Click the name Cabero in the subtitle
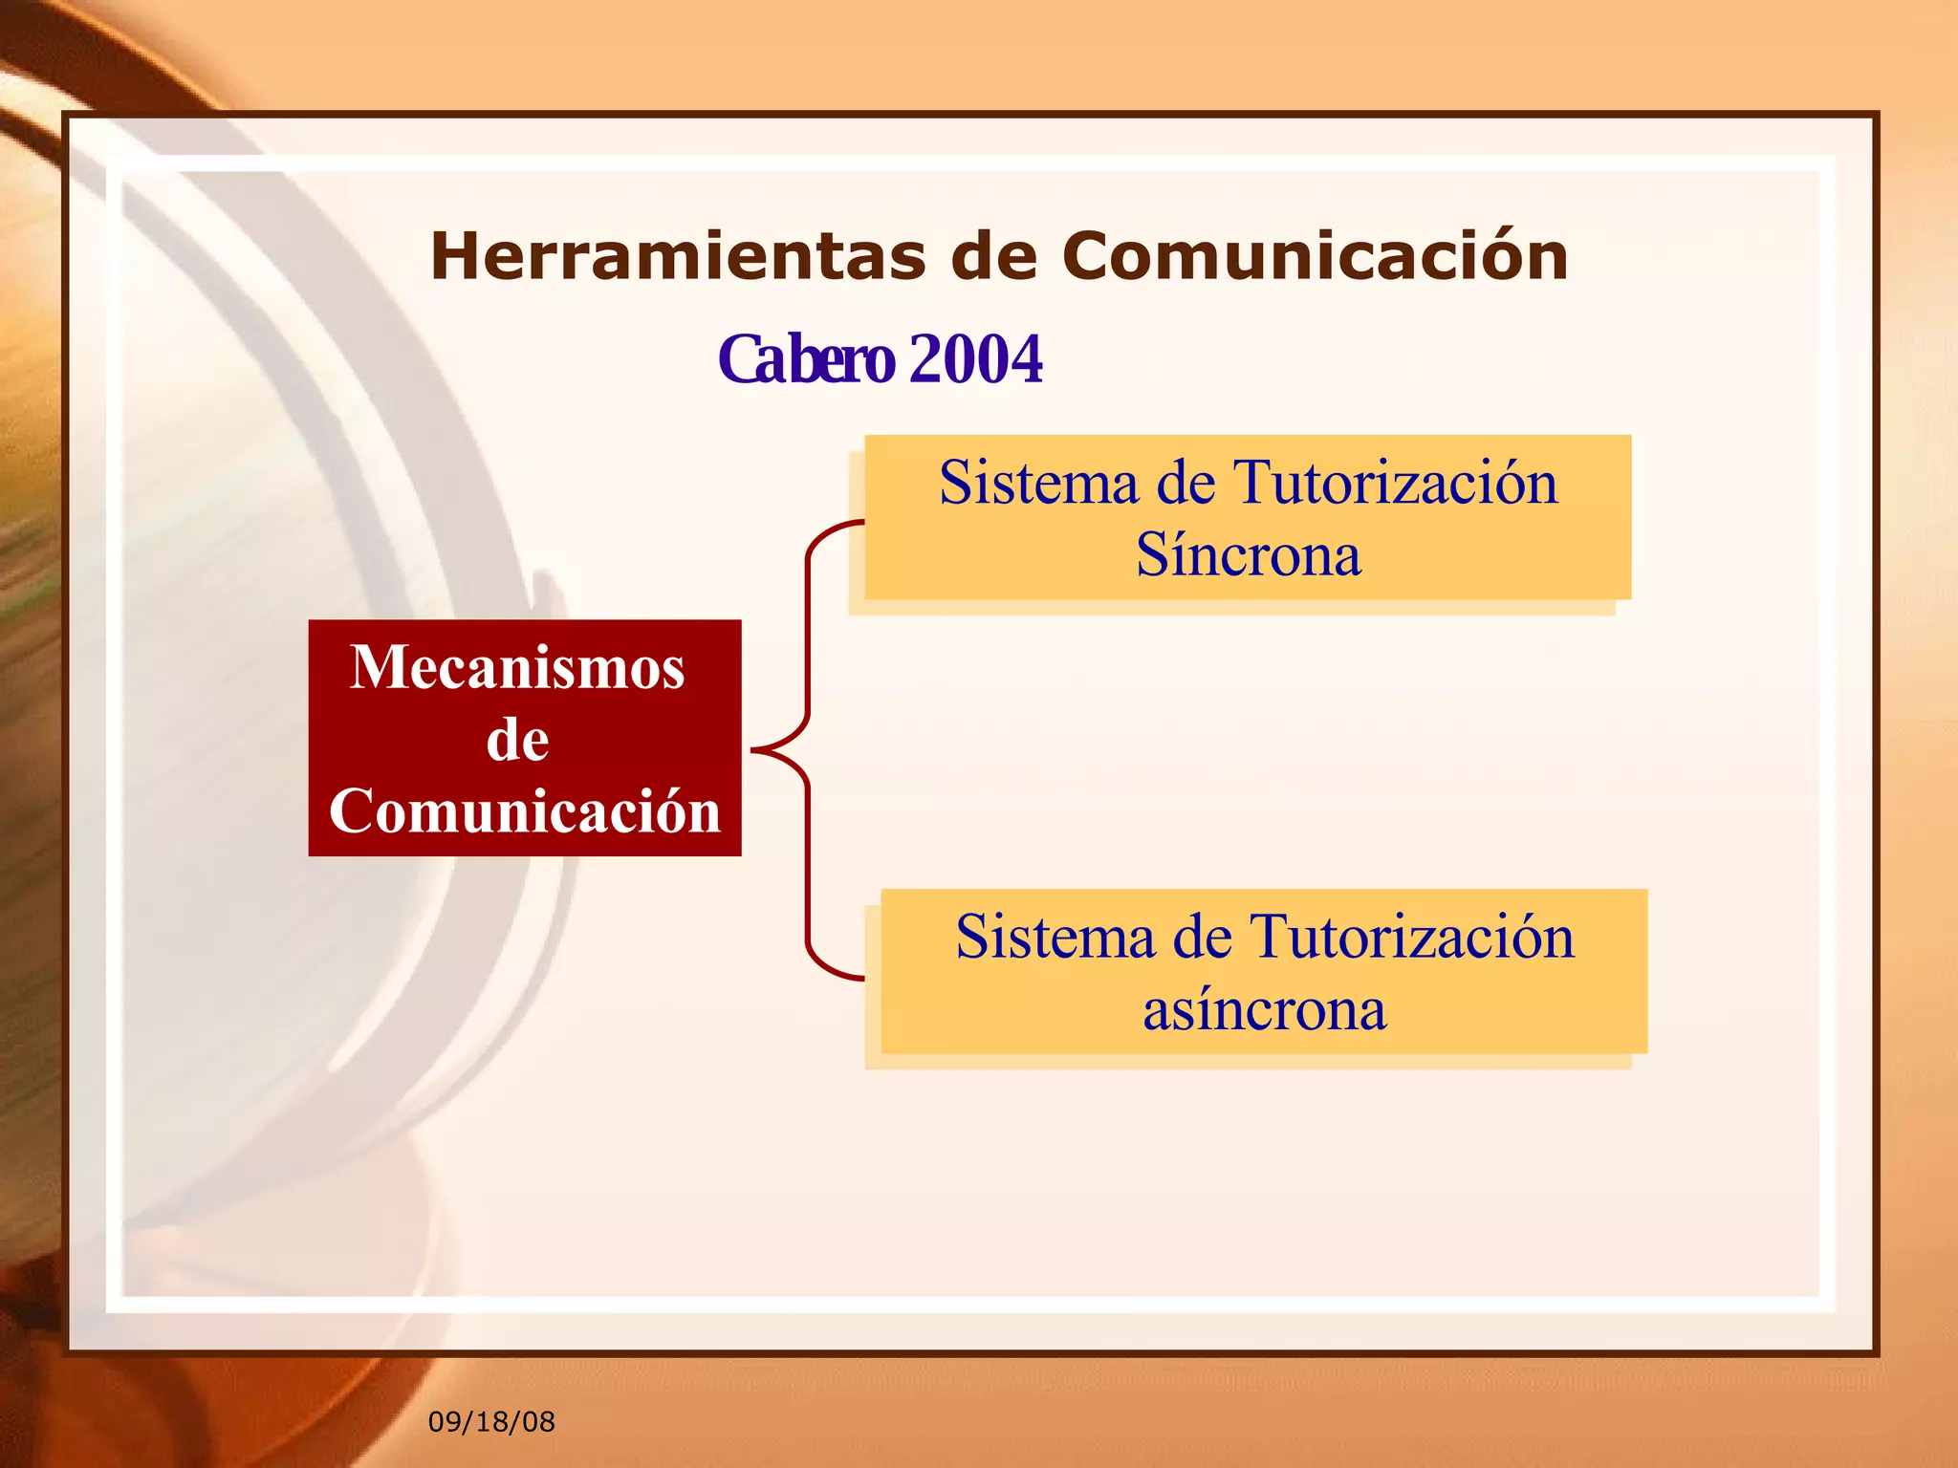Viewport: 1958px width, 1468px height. click(805, 360)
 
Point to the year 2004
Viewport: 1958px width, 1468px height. click(976, 360)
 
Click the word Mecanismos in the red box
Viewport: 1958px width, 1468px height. click(517, 667)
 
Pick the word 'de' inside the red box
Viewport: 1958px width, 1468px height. click(517, 740)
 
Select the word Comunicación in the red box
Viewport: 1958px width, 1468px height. click(524, 811)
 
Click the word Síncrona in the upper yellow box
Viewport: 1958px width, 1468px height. click(1248, 555)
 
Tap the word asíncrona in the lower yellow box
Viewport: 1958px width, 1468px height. click(1264, 1010)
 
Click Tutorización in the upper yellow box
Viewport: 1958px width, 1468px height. click(1396, 483)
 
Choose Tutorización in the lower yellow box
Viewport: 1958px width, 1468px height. click(1412, 937)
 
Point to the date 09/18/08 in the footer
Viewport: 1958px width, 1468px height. click(491, 1422)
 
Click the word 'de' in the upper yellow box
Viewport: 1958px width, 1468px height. click(1186, 483)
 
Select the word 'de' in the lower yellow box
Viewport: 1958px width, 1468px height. click(1202, 937)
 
